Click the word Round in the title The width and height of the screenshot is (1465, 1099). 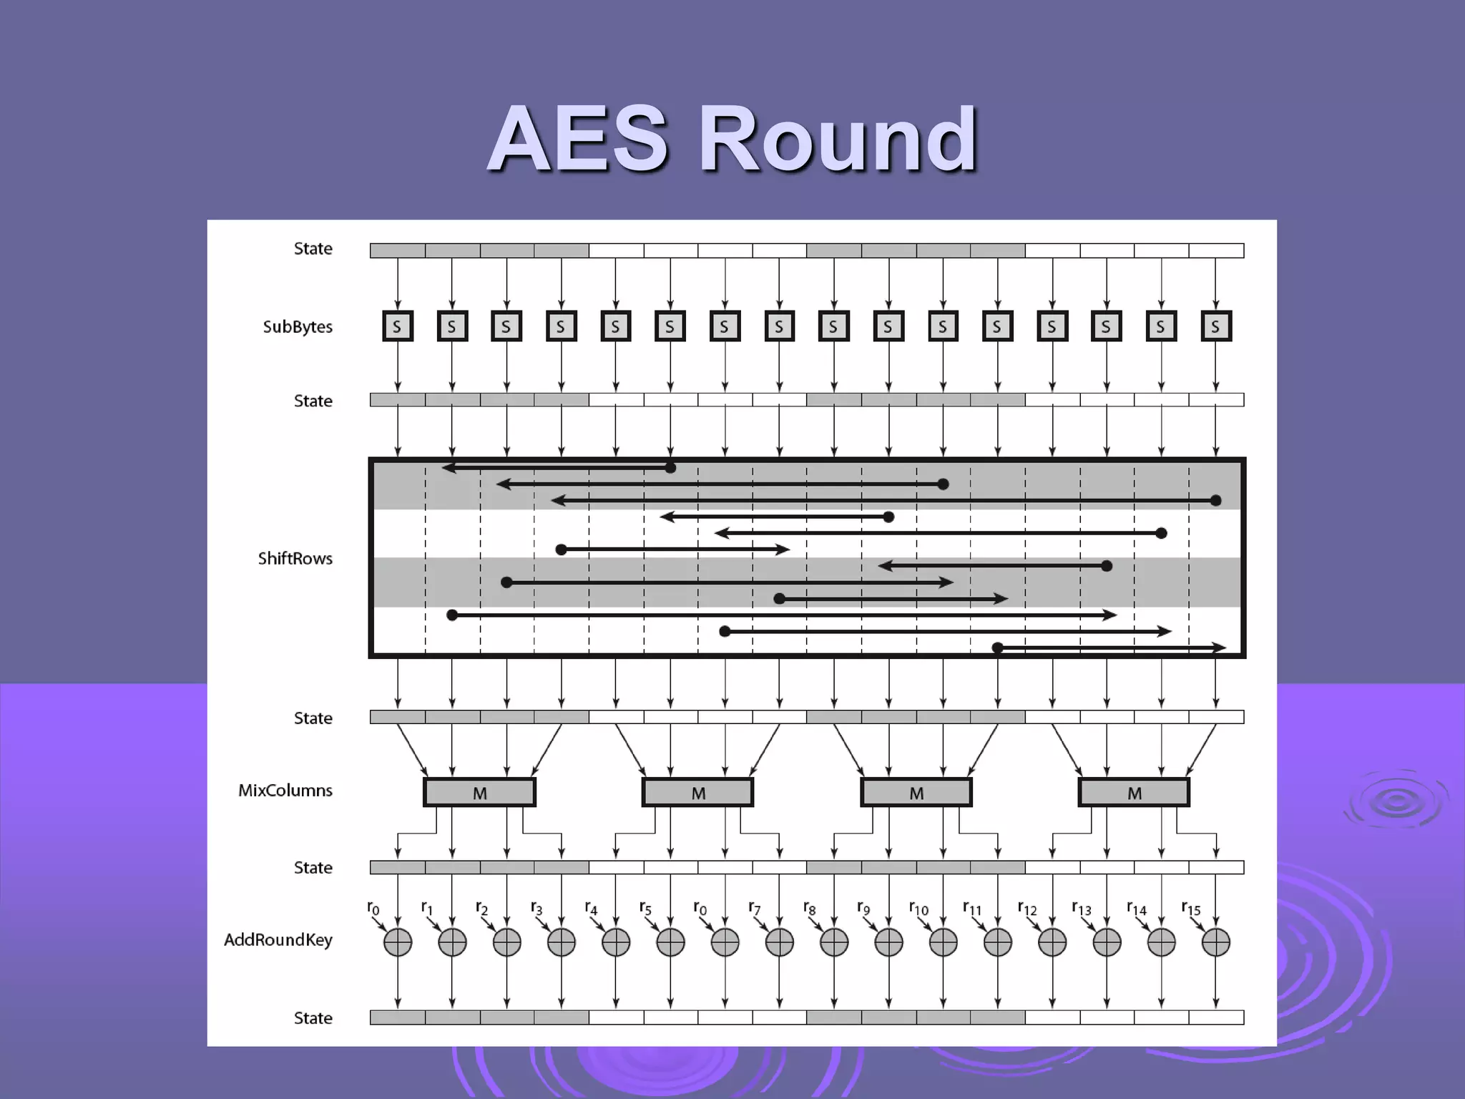pos(837,139)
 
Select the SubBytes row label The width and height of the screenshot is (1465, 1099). pos(298,327)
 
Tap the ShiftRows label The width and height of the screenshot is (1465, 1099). pos(295,559)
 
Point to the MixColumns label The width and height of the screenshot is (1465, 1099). pos(285,791)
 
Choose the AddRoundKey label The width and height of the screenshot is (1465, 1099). pos(278,940)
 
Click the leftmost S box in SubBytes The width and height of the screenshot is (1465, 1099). pos(398,327)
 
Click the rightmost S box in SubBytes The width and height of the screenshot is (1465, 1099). pos(1215,327)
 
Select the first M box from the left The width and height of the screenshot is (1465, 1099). pos(480,793)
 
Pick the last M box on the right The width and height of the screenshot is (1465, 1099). pos(1134,793)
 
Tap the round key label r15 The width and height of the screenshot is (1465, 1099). pos(1190,909)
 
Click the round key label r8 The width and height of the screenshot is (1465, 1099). pos(808,909)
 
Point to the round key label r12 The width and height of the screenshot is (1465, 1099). pos(1027,909)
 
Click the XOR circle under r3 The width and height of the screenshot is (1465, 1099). pos(562,942)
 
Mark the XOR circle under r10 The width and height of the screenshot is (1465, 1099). pos(943,942)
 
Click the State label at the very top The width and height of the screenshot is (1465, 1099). pos(313,249)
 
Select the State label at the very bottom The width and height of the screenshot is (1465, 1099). pos(313,1018)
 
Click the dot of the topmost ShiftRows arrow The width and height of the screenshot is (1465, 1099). pos(670,468)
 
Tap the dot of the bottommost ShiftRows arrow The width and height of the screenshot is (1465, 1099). pos(998,648)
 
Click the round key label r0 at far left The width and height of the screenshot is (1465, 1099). pos(373,909)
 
